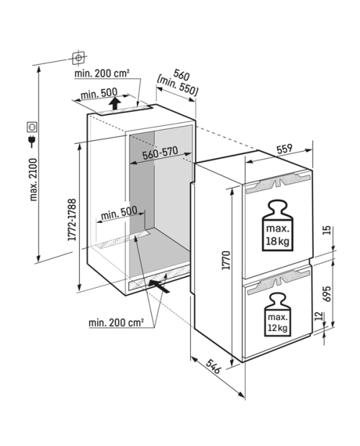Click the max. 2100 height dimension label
(x=34, y=180)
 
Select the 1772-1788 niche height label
(x=72, y=219)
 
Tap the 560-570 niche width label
(x=161, y=153)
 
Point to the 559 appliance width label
(x=284, y=150)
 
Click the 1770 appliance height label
(x=226, y=260)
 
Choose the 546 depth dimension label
(x=213, y=366)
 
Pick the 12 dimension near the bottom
(x=320, y=316)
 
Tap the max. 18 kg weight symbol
(x=277, y=226)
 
